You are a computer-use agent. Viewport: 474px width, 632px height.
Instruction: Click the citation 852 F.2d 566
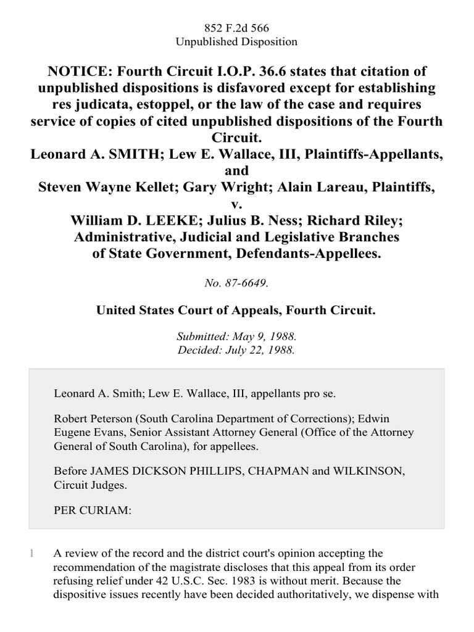pyautogui.click(x=237, y=28)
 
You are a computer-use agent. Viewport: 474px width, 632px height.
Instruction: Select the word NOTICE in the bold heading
pyautogui.click(x=79, y=72)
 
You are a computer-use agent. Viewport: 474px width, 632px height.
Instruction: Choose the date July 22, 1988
pyautogui.click(x=263, y=349)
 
